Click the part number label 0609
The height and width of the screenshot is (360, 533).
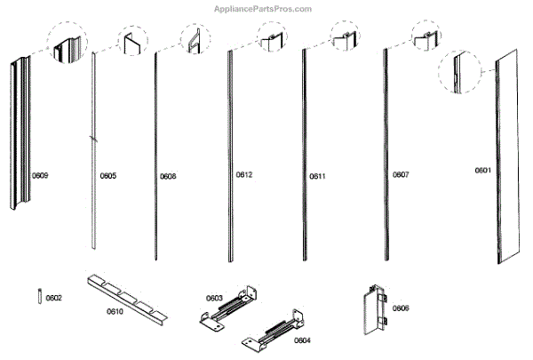coord(40,176)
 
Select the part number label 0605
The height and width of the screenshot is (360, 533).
coord(107,176)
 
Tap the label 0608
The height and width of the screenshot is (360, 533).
coord(168,176)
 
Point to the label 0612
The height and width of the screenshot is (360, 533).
coord(244,175)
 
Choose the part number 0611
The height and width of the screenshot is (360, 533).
coord(318,176)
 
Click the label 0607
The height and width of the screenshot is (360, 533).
coord(401,175)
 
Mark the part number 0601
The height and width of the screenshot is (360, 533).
coord(482,170)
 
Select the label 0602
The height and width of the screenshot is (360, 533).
coord(54,298)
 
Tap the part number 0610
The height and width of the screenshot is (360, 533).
coord(115,311)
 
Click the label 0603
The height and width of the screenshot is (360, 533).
coord(214,298)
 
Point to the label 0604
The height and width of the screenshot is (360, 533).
coord(302,340)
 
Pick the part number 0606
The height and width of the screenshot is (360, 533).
coord(401,308)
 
